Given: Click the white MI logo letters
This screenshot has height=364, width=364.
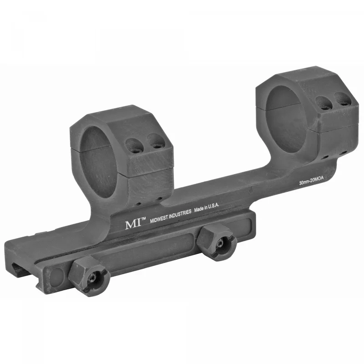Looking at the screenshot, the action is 133,224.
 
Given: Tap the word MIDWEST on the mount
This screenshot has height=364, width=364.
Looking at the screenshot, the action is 159,219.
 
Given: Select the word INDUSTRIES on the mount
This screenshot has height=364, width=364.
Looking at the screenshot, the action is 180,214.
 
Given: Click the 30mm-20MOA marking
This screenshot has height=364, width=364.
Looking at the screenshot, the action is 311,180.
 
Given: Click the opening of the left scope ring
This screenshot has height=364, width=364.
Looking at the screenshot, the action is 98,162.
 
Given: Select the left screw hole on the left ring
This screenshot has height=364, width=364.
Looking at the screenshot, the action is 133,146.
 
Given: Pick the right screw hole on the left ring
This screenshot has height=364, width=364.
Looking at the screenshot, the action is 156,141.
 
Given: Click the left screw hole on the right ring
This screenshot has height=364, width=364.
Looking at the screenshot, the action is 323,103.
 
